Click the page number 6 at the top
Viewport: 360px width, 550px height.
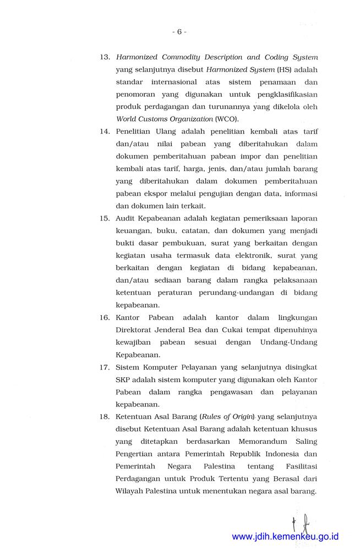point(179,32)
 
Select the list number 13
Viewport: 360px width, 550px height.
point(105,57)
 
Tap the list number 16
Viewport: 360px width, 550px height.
point(105,317)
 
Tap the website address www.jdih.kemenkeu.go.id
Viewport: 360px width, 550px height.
point(285,536)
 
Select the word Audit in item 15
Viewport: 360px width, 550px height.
point(127,218)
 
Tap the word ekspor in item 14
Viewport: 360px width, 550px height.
point(156,193)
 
